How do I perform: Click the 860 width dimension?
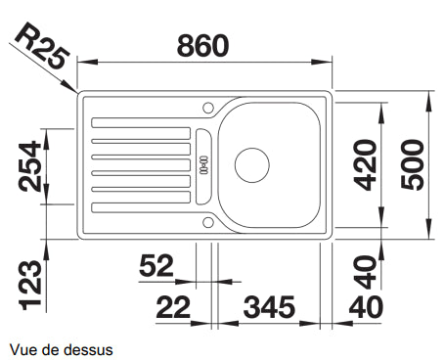[x=202, y=45]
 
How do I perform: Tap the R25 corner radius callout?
[x=42, y=46]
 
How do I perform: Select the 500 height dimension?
[x=413, y=164]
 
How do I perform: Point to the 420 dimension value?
[x=365, y=164]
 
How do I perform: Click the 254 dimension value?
[x=30, y=166]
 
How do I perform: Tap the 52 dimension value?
[x=156, y=265]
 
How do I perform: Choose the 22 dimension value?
[x=173, y=307]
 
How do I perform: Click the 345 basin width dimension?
[x=269, y=307]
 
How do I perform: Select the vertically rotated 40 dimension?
[x=365, y=272]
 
